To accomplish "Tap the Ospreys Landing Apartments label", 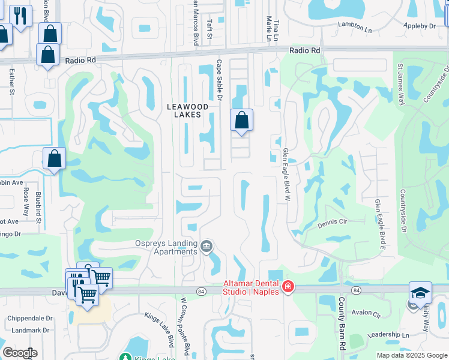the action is pos(166,248).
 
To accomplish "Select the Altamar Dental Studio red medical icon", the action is pos(288,287).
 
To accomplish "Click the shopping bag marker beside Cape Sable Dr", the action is pos(241,120).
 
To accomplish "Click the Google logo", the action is pos(20,353).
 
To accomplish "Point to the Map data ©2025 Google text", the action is pos(412,355).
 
